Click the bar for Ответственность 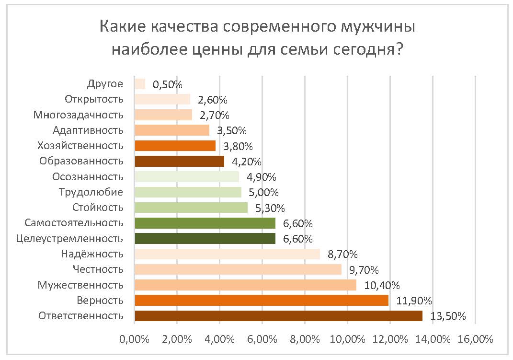click(278, 316)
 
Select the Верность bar click(262, 301)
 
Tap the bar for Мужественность click(245, 285)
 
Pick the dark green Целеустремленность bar click(205, 238)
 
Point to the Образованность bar click(179, 161)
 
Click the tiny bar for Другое click(140, 84)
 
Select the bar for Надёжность click(227, 254)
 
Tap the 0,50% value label click(168, 85)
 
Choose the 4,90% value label click(262, 177)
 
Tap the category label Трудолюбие click(91, 192)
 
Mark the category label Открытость click(94, 99)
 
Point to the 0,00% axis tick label click(135, 339)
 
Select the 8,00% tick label click(305, 339)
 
